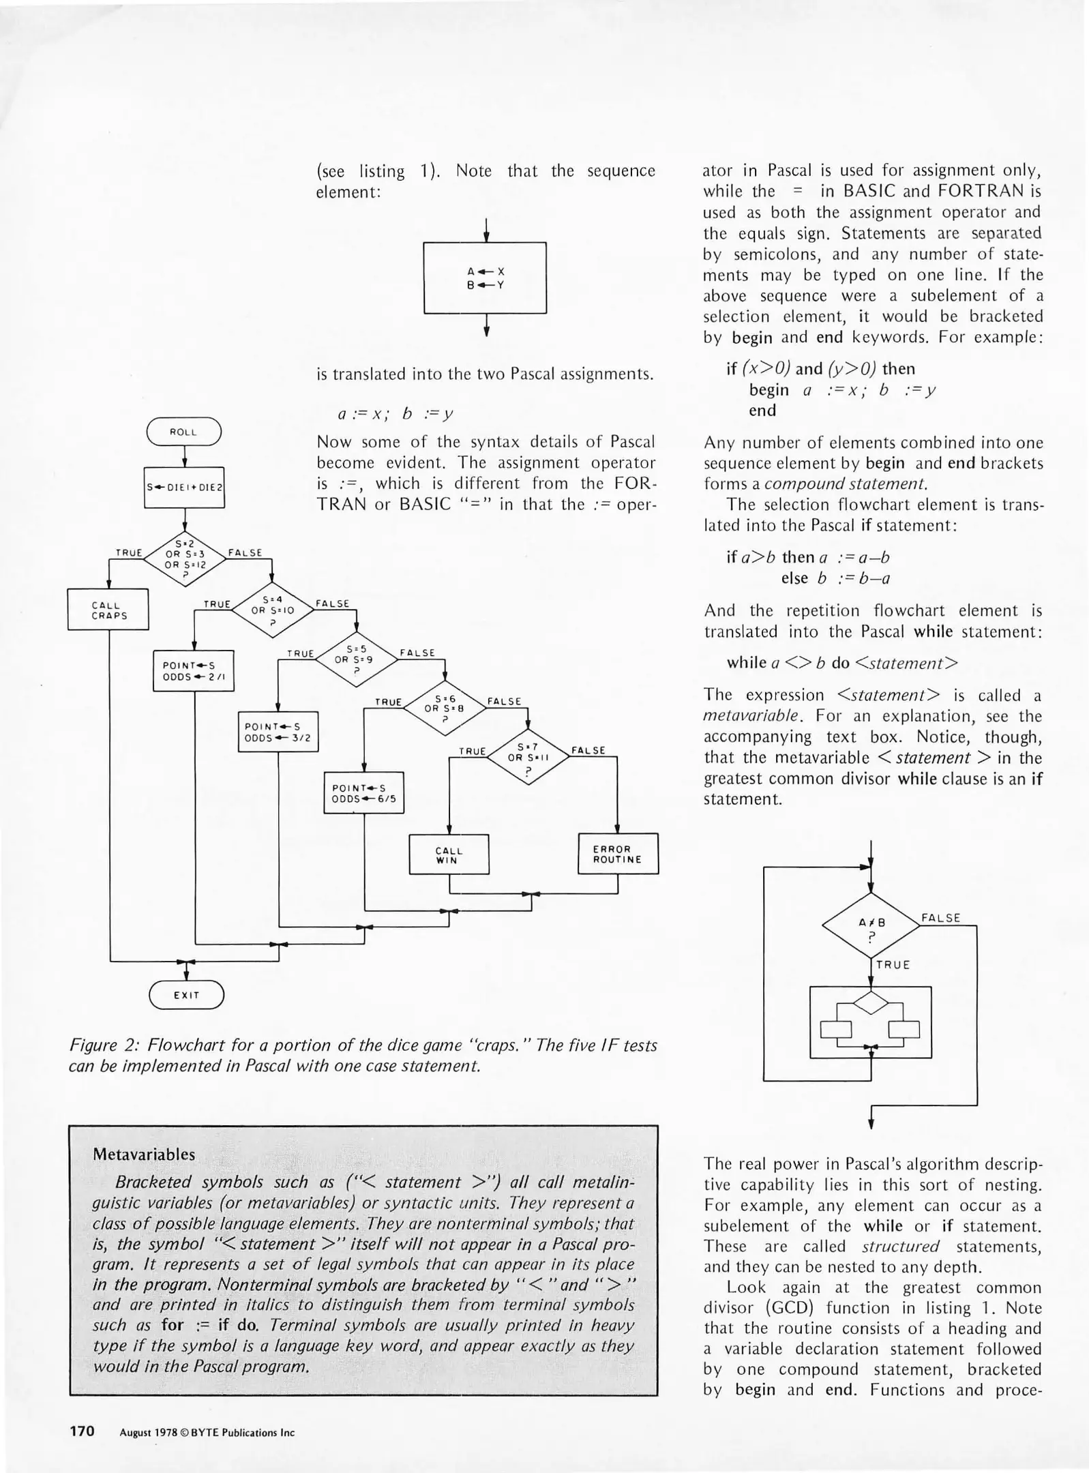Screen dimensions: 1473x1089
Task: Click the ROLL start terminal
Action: pos(184,432)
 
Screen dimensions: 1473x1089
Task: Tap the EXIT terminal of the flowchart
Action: pos(186,995)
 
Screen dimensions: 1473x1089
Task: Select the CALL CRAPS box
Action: pos(108,610)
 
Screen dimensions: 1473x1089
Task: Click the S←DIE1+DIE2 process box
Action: pos(184,488)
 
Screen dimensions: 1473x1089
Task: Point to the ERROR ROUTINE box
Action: pos(618,854)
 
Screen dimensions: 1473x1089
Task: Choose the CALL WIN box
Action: pos(449,854)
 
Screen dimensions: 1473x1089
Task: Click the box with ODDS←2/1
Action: pos(194,671)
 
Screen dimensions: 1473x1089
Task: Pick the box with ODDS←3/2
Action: pos(278,732)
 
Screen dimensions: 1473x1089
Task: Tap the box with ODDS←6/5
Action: pos(363,792)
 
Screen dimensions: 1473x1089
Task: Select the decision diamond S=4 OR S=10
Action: pos(273,610)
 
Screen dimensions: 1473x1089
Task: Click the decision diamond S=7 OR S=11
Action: pos(528,757)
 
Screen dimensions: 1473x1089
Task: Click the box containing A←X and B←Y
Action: pos(485,278)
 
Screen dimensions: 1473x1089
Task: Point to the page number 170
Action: pos(83,1430)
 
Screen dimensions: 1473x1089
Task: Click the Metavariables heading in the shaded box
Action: pos(144,1155)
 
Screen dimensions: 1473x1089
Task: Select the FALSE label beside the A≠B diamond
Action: pos(940,918)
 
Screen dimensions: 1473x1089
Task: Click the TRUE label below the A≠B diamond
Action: pos(893,965)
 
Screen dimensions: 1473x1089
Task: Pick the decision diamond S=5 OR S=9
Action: pos(357,659)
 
